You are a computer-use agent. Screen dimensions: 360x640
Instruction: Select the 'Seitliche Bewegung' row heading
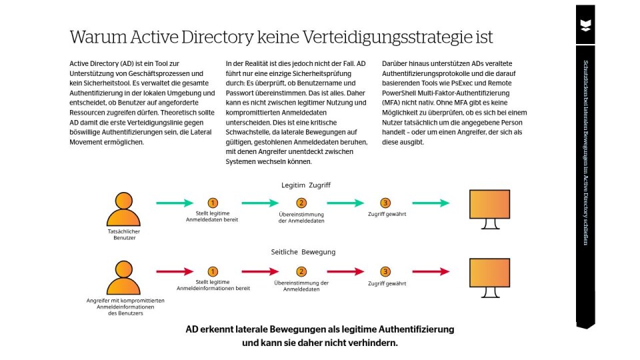tap(303, 252)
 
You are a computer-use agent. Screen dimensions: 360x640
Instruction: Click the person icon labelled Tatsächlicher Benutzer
tap(123, 209)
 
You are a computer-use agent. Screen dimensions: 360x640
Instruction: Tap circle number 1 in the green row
tap(213, 203)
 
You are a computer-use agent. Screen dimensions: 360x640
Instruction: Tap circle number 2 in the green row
tap(301, 203)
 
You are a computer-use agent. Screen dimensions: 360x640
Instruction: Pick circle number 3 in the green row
tap(385, 203)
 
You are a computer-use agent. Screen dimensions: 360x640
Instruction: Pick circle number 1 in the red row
tap(213, 271)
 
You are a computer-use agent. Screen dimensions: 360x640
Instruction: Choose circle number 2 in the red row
tap(301, 271)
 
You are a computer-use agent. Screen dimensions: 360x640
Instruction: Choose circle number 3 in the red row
tap(385, 271)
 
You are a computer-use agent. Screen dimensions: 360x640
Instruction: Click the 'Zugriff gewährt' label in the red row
tap(387, 283)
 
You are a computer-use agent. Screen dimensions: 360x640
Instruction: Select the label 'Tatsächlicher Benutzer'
tap(124, 234)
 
